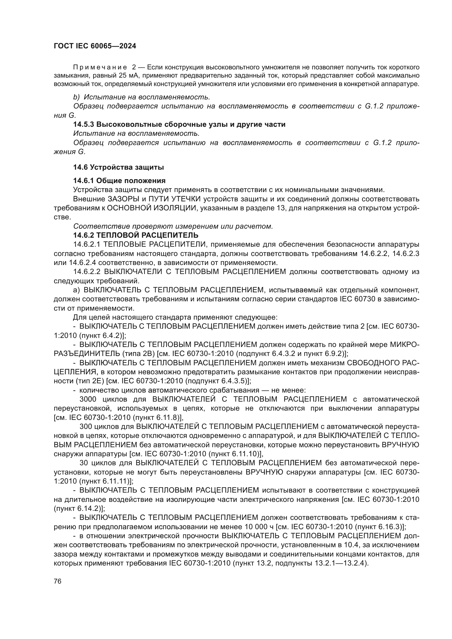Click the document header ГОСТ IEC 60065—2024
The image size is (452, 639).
[95, 46]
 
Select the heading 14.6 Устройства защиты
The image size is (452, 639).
[119, 167]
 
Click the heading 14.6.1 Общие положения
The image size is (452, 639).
[119, 181]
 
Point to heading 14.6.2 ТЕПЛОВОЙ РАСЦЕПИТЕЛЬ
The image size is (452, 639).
[136, 235]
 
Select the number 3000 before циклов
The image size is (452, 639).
[88, 399]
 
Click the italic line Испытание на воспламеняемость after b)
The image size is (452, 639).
[147, 97]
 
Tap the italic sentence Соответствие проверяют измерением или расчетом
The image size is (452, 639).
[173, 226]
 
